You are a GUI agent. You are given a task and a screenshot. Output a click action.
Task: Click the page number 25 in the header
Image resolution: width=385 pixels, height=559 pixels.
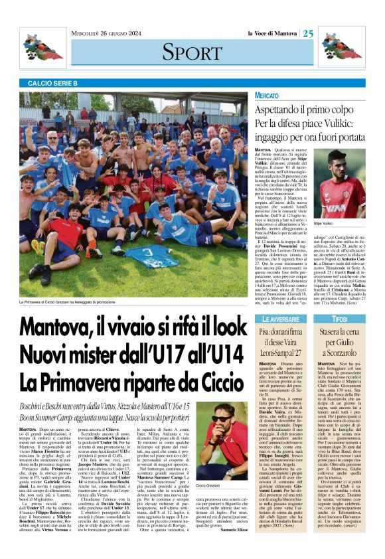click(x=309, y=34)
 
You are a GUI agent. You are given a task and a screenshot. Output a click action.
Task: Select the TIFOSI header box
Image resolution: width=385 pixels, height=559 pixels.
click(x=340, y=320)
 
